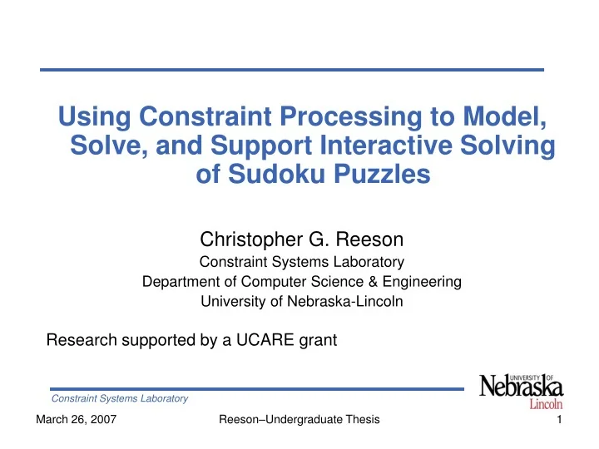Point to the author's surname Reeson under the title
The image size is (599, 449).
click(369, 241)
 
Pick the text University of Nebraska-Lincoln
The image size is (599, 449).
click(302, 302)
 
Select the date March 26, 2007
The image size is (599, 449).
click(76, 421)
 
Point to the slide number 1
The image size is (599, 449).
click(560, 421)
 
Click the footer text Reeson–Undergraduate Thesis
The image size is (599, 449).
click(299, 421)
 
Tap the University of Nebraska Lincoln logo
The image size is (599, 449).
click(521, 392)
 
